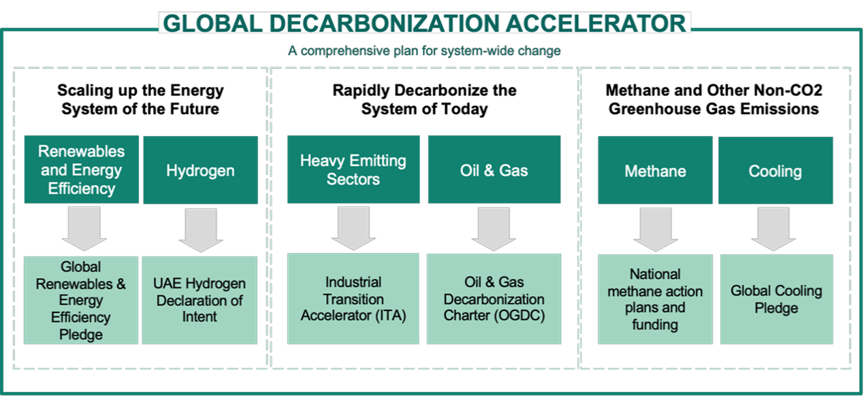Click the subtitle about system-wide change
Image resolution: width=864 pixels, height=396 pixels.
click(424, 51)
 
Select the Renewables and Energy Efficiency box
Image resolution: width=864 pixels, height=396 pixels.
click(81, 169)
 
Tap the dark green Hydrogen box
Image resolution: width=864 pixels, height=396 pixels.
click(200, 170)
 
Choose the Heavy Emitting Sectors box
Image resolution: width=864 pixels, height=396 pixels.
click(353, 169)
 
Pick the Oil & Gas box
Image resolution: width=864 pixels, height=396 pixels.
click(494, 169)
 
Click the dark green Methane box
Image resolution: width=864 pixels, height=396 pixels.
click(655, 170)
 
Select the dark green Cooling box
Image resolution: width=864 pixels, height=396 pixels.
click(775, 170)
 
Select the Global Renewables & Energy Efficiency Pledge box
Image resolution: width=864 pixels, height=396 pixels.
click(81, 300)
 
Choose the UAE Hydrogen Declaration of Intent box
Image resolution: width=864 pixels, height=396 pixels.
click(200, 300)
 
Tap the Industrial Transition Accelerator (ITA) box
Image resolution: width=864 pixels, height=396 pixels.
click(353, 299)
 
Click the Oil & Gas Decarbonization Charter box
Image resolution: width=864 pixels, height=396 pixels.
click(494, 299)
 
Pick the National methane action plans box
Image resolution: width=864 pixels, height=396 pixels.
click(655, 299)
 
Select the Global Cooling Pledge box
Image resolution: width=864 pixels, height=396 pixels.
click(776, 299)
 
